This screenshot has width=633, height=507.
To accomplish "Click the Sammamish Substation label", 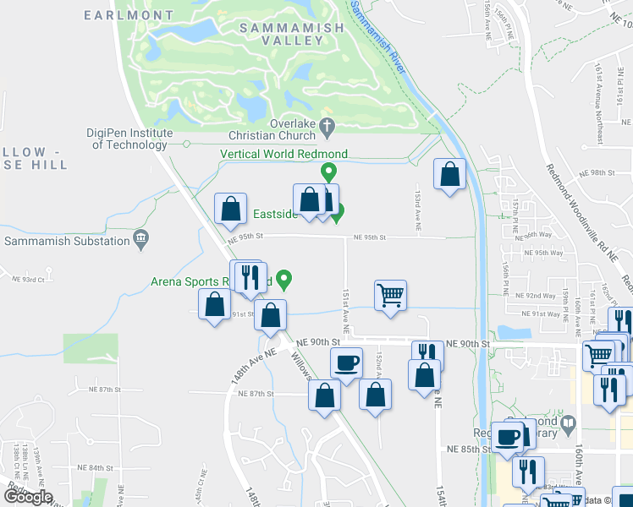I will coord(66,241).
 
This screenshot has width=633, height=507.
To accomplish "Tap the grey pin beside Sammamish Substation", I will coord(140,241).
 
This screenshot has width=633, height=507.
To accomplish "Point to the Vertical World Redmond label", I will coord(283,154).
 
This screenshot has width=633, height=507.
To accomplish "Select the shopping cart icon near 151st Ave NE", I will coord(391,295).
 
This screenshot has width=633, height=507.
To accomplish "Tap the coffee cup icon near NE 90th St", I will coord(345,364).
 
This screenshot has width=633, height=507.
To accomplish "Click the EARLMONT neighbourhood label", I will coord(129,15).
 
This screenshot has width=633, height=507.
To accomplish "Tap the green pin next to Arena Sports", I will coord(285,277).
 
